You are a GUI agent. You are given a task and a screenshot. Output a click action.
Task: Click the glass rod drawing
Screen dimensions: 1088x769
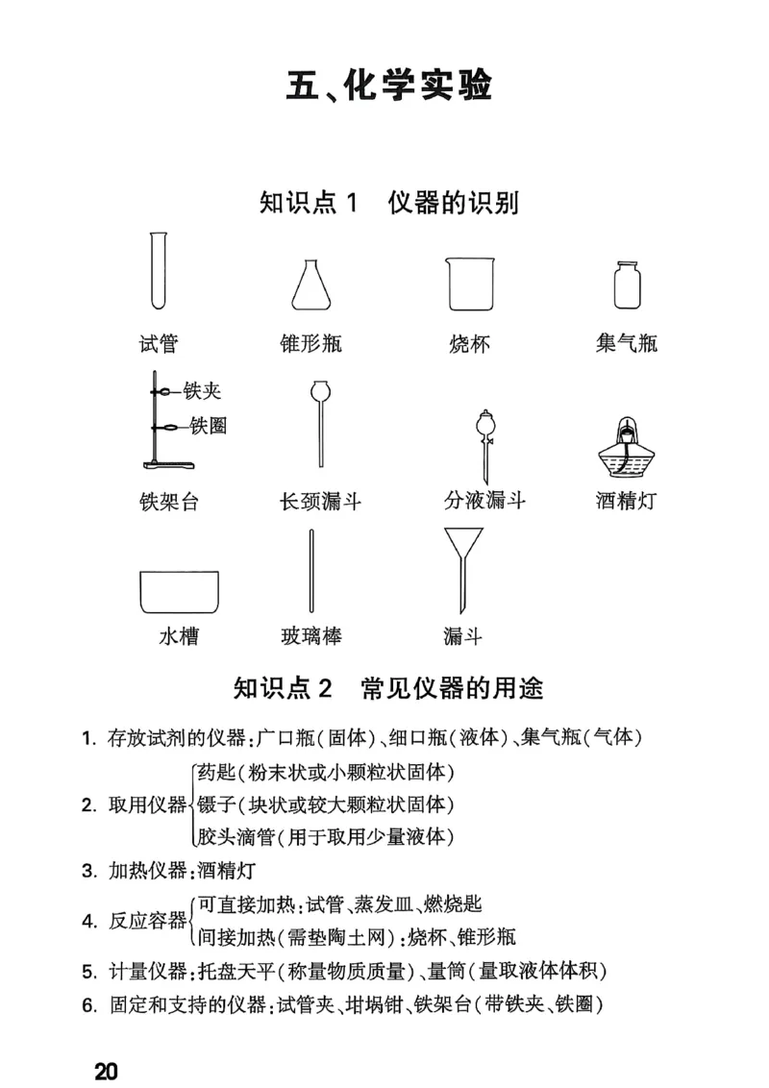tap(310, 573)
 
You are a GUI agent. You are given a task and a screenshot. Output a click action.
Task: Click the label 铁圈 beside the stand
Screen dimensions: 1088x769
tap(209, 426)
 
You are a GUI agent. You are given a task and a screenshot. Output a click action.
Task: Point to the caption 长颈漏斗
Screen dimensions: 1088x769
tap(320, 501)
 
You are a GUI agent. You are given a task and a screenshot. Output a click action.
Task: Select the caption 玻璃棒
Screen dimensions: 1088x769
tap(310, 635)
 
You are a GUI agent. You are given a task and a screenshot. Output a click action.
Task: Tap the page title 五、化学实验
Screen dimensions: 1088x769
tap(389, 86)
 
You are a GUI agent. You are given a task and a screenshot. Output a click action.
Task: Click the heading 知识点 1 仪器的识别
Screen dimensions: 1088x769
tap(389, 203)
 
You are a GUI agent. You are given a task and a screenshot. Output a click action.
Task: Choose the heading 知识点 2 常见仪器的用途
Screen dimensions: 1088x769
tap(388, 688)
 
